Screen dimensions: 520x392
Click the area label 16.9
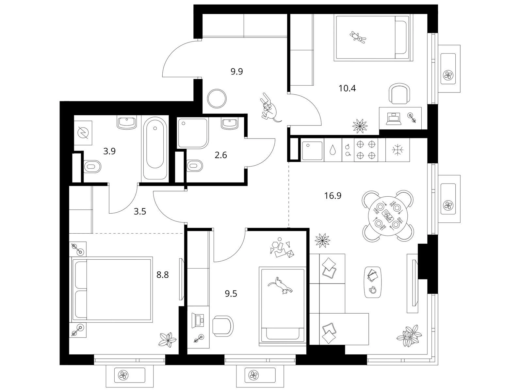point(333,196)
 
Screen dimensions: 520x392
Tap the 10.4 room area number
point(347,89)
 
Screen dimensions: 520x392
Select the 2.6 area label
point(220,155)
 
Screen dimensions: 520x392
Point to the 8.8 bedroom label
point(163,275)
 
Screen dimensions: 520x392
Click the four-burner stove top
point(366,150)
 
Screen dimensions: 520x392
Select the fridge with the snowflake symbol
point(398,150)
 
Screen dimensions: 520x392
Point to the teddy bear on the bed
point(358,38)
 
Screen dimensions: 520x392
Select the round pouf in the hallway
point(217,98)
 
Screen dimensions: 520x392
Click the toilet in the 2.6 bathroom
point(194,166)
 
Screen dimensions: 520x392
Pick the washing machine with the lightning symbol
point(83,133)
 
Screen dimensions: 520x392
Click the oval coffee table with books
point(373,282)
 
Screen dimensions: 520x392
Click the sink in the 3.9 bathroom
point(127,122)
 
